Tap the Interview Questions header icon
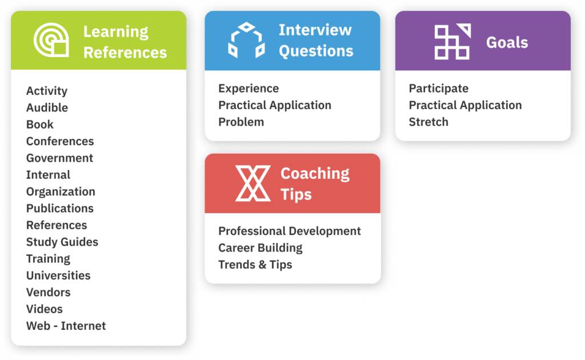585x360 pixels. point(246,41)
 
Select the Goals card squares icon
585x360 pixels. point(452,42)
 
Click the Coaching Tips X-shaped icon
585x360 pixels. point(253,183)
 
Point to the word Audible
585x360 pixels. point(47,107)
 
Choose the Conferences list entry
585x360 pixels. point(60,141)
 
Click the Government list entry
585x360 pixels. point(59,158)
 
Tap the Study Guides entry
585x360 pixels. point(62,242)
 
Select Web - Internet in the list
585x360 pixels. point(66,326)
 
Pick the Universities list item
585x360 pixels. point(58,275)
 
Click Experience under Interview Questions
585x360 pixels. point(249,89)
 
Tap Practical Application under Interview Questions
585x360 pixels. point(275,105)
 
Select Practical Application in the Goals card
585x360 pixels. point(465,105)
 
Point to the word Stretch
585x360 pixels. point(428,122)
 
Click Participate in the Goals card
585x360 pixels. point(439,89)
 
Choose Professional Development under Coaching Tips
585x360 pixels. point(290,231)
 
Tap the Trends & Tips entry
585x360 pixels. point(255,265)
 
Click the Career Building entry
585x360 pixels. point(261,248)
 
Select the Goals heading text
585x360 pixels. point(507,42)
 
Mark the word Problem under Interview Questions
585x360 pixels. point(241,122)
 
